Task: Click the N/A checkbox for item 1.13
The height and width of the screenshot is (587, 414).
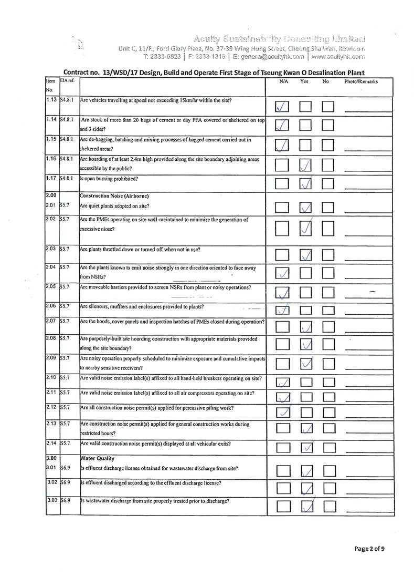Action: point(282,107)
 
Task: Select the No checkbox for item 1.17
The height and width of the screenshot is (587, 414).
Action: point(329,184)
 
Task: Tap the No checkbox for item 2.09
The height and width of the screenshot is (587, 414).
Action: point(329,364)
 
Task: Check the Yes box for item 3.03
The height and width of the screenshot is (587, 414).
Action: point(307,507)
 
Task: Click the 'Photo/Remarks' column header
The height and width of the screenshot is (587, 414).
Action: point(361,82)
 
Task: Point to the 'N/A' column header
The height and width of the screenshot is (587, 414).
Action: point(283,82)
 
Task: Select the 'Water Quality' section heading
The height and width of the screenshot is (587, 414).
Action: point(97,458)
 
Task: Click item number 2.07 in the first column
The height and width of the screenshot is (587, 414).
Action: point(51,321)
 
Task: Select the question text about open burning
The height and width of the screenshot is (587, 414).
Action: point(109,179)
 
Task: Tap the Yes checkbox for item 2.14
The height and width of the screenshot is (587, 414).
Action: point(307,448)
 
